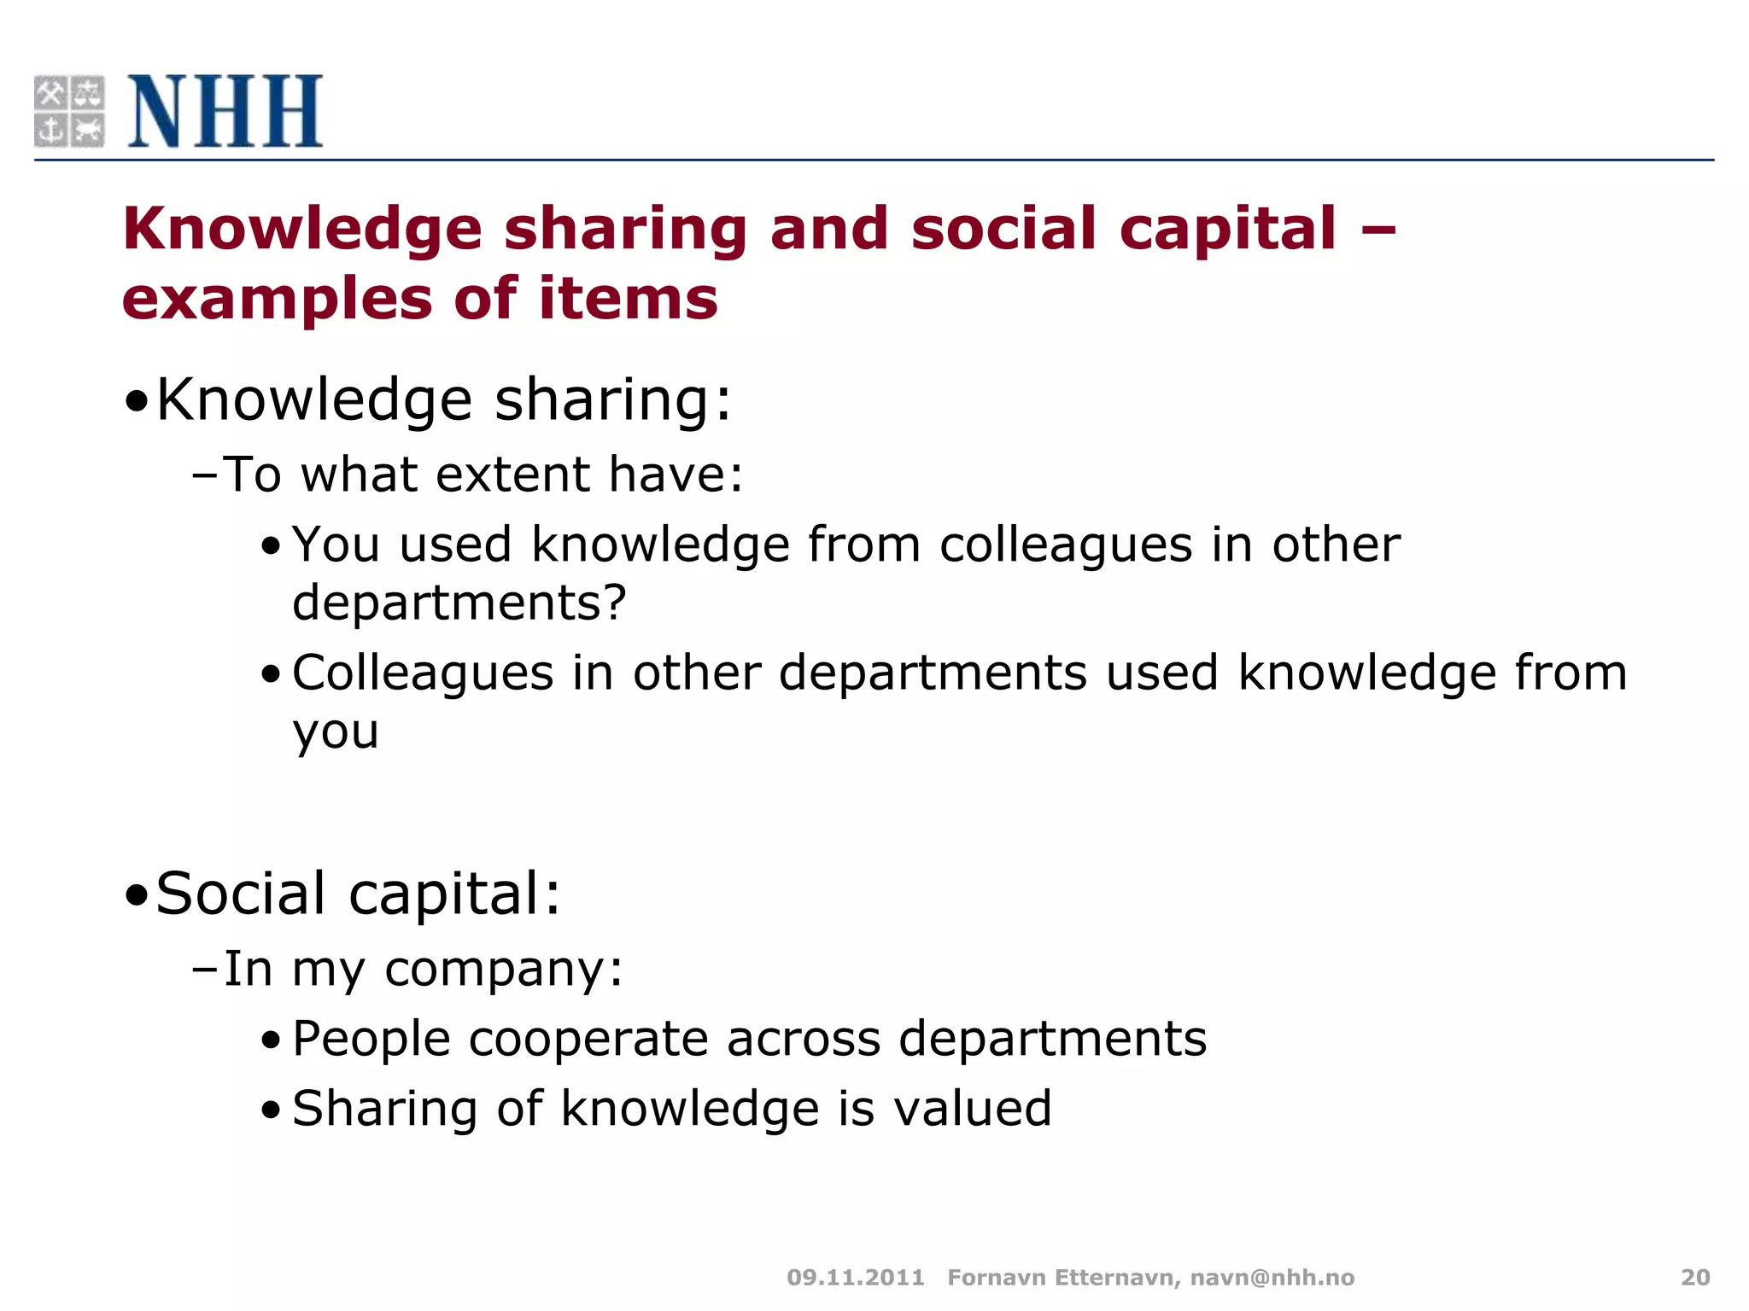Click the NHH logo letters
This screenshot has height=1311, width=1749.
[x=225, y=112]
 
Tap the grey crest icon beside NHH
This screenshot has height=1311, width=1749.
[x=69, y=112]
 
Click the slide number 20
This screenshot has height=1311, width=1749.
[x=1695, y=1277]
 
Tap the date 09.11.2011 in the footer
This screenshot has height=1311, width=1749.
[x=856, y=1277]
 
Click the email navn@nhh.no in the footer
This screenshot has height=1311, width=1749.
[x=1272, y=1277]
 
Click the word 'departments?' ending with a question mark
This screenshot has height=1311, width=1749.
[x=459, y=603]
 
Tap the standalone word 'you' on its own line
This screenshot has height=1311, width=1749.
[x=336, y=733]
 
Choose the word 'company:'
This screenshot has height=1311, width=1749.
[x=504, y=970]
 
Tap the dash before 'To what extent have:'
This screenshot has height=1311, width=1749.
[x=205, y=475]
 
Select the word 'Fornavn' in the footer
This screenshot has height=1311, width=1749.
[x=996, y=1277]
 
